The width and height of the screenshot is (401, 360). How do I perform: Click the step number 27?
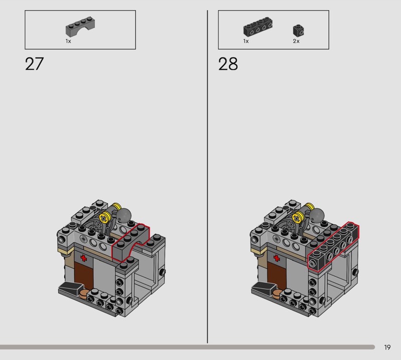34,64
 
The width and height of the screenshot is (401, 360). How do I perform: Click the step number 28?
228,64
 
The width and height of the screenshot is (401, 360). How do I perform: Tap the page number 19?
387,347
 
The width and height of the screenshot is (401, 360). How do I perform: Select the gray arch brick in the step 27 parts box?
80,27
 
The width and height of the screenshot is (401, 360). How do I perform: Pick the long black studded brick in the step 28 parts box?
258,27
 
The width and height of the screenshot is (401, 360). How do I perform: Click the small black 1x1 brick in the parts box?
298,31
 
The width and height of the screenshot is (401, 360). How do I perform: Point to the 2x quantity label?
296,41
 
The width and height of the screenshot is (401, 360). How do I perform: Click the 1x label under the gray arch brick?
68,41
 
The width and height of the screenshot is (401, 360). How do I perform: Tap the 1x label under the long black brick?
246,41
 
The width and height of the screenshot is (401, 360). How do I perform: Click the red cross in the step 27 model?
84,258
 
